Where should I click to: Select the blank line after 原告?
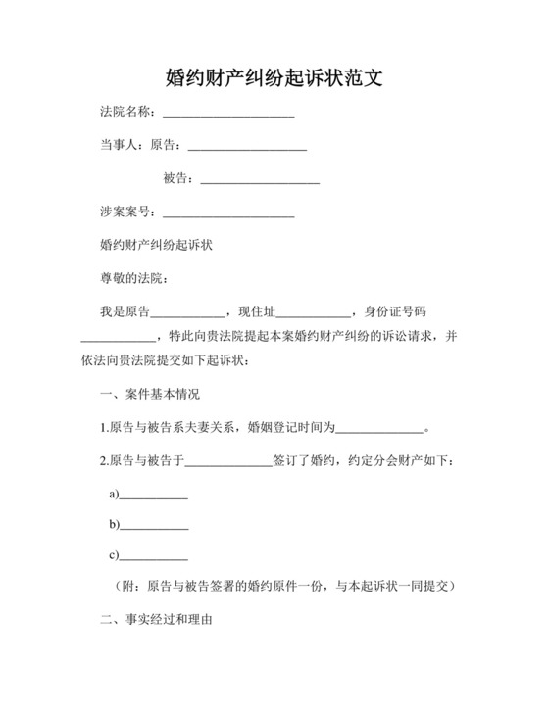pos(247,148)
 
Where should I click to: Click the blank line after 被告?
pos(260,180)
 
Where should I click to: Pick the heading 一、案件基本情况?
pos(150,396)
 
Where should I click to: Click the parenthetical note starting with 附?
pos(282,586)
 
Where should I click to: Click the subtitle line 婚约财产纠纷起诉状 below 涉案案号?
pos(157,247)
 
